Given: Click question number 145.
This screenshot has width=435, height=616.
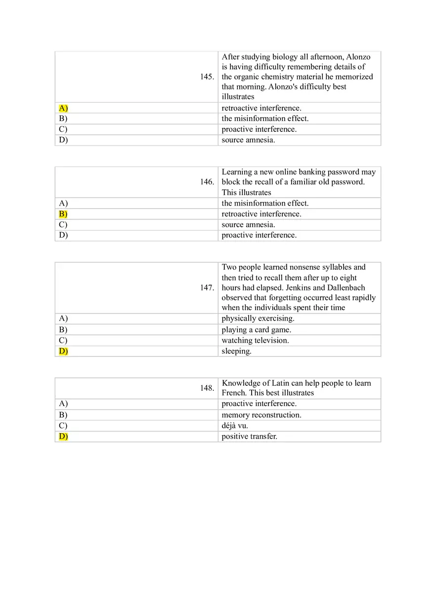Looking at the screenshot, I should [207, 77].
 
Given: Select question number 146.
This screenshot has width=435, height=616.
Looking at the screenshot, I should [207, 182].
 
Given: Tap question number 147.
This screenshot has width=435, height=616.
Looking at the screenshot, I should [207, 287].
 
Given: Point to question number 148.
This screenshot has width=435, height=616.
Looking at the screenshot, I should [207, 388].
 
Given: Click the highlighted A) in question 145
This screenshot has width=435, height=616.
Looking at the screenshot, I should [63, 108].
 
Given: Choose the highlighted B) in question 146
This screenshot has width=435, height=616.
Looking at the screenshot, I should [63, 214].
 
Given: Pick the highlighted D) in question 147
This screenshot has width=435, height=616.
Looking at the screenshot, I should [63, 351].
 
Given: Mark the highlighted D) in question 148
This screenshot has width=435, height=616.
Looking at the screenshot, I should [63, 437].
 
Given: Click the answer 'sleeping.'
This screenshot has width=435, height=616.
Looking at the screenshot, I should [236, 351].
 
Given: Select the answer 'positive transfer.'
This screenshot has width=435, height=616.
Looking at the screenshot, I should [249, 437].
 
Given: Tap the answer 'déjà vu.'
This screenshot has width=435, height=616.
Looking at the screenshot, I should [235, 426].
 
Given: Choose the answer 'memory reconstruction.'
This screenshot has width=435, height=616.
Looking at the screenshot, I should [261, 415].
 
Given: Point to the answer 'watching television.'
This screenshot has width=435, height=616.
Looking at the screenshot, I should [255, 340].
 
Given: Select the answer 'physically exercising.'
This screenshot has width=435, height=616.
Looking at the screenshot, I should [258, 319].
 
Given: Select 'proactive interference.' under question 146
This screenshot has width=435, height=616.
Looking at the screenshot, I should [259, 235].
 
